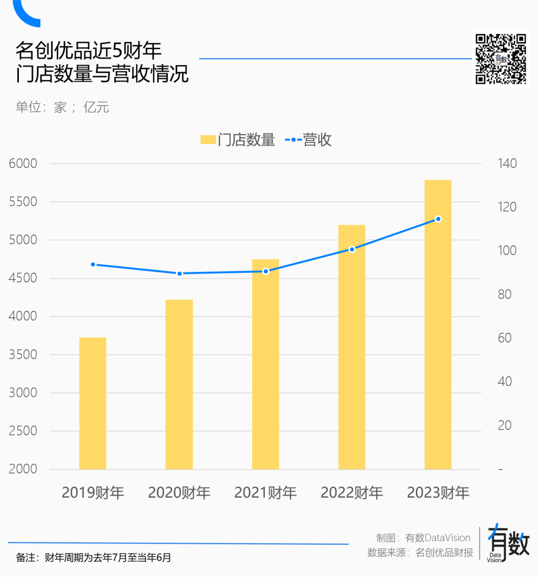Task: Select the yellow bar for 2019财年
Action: pos(92,403)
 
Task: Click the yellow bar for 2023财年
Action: pos(438,324)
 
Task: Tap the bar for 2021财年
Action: pos(266,364)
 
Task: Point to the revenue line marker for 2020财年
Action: pos(179,274)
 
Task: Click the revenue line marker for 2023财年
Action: pos(438,219)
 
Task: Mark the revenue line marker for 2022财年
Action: pos(352,249)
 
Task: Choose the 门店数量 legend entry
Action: pos(238,140)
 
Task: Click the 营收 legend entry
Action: pos(308,140)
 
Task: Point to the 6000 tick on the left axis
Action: pos(23,164)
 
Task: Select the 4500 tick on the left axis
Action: pos(23,278)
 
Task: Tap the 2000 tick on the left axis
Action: pos(23,469)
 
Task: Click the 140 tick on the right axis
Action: pos(507,164)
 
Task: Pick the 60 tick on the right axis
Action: pos(505,338)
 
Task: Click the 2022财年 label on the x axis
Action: pos(352,492)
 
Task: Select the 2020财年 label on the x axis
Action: pos(179,492)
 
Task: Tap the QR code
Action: pos(501,59)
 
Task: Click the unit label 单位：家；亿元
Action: pos(62,107)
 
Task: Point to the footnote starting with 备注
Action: pos(93,558)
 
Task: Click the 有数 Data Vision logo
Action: pos(508,544)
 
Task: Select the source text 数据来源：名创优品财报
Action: pos(420,553)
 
